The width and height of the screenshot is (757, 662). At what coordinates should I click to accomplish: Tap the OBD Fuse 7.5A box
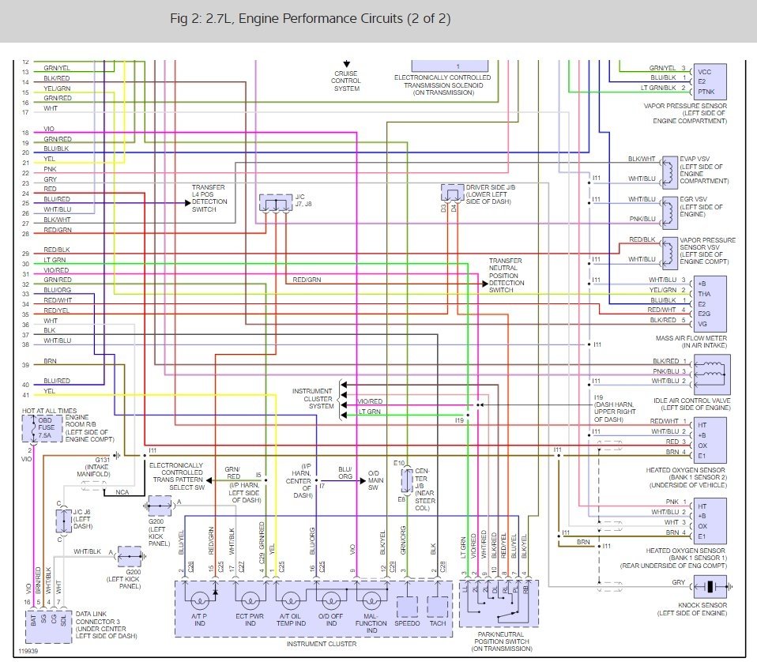(x=43, y=429)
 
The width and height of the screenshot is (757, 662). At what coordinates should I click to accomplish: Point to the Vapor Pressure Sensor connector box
(x=708, y=80)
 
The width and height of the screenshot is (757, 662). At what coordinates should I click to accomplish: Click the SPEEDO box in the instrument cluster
(x=408, y=606)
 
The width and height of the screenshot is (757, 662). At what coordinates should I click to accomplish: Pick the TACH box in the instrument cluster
(x=438, y=606)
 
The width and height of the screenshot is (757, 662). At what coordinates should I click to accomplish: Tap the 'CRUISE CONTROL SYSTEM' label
(x=346, y=81)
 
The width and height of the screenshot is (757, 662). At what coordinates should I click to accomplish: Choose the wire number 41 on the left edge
(x=25, y=394)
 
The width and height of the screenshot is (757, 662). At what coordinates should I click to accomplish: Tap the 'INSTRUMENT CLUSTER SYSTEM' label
(x=312, y=399)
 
